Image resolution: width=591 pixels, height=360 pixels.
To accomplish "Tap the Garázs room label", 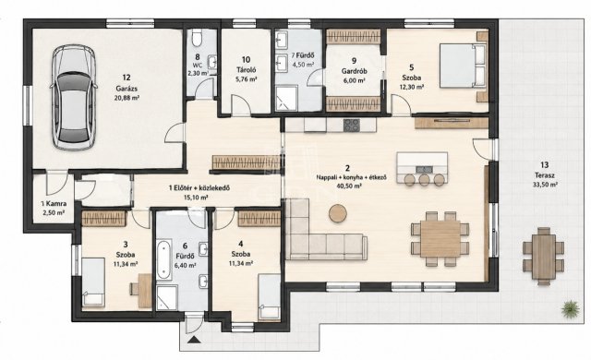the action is tap(127, 89).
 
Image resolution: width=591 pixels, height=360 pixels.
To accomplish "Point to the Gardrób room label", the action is tap(354, 71).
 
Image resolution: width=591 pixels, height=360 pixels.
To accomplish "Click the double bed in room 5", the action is tap(463, 66).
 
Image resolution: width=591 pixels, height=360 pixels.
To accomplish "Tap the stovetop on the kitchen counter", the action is tap(351, 125).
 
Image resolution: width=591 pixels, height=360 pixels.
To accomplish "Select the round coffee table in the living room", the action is tap(338, 213).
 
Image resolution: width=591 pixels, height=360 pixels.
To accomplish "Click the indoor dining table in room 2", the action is tap(440, 239).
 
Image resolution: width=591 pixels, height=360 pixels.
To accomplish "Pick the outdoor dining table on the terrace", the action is tap(543, 256).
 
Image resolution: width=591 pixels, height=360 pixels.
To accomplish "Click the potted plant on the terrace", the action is tap(570, 309).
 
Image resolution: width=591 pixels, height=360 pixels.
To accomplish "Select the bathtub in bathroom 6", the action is tap(164, 260).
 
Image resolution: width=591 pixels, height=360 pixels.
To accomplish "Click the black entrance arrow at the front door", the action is tap(195, 341).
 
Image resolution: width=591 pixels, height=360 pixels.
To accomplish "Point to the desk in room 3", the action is tap(144, 291).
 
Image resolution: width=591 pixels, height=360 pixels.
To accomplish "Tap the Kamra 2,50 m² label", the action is tap(54, 208).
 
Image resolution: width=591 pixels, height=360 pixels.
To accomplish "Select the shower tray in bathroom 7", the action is tap(286, 98).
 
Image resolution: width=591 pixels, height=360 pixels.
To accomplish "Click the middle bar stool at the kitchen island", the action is tap(425, 180).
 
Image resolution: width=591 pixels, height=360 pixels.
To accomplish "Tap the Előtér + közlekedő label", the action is tap(199, 188).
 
